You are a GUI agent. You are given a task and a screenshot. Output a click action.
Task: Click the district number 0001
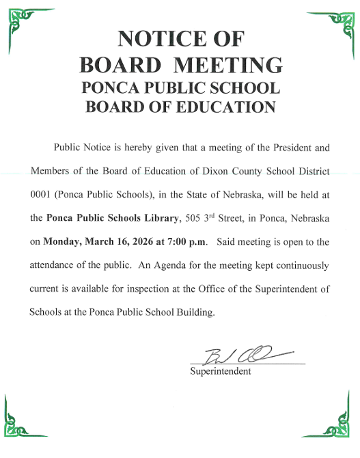click(x=42, y=195)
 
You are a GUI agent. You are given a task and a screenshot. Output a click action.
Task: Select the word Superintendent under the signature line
click(x=221, y=371)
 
